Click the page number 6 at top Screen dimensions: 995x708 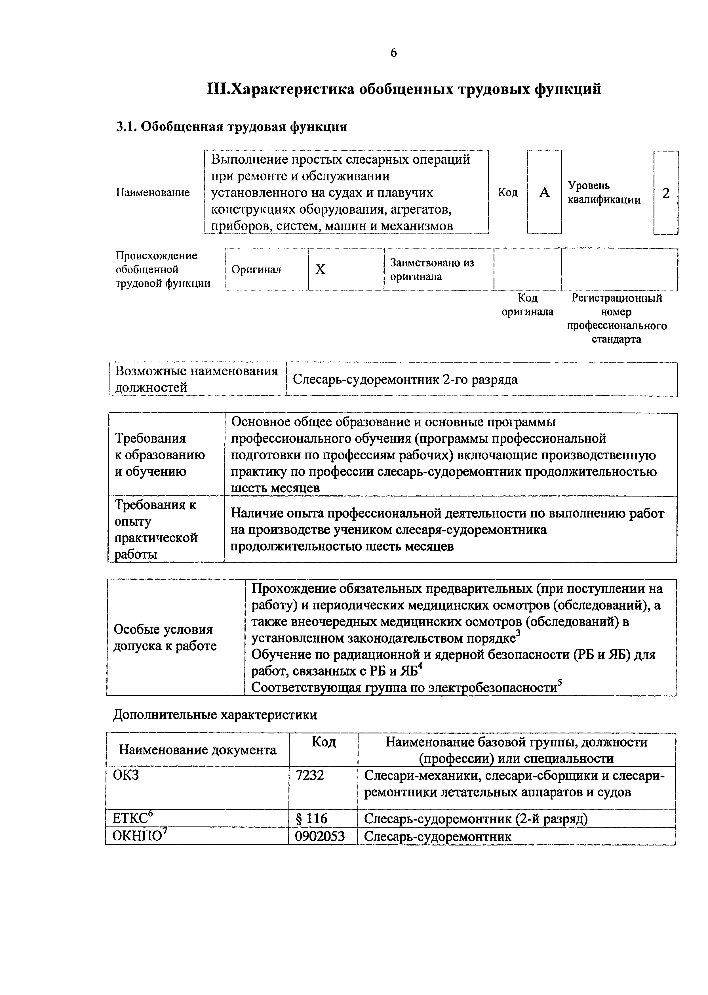click(x=394, y=53)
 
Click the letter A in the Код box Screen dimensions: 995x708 click(x=544, y=193)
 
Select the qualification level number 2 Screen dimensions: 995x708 click(x=666, y=193)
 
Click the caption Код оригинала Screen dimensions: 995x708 click(x=528, y=305)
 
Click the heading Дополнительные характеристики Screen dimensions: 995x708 click(x=215, y=715)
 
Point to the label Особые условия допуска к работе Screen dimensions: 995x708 click(x=165, y=638)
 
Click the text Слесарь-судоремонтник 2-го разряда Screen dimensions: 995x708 click(x=405, y=379)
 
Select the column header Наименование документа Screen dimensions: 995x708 click(x=197, y=750)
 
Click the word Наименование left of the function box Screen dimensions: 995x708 click(x=153, y=192)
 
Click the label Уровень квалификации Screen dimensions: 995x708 click(x=604, y=193)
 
